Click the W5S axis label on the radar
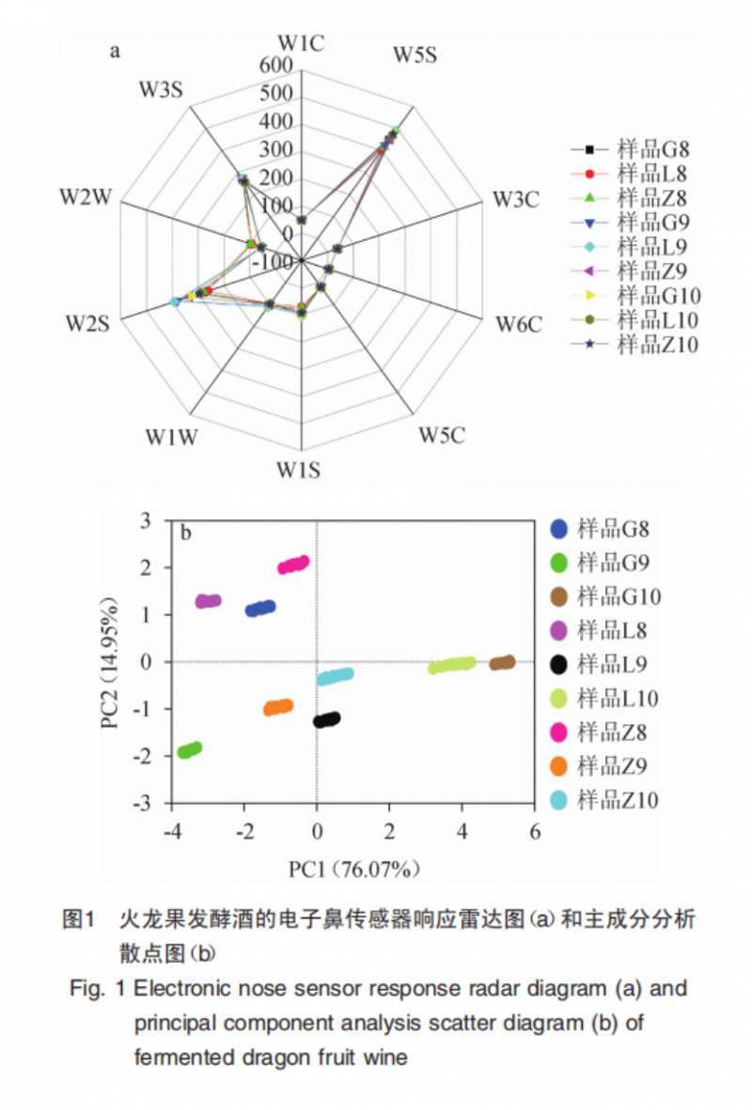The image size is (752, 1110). pos(414,55)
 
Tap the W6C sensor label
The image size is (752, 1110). pos(519,326)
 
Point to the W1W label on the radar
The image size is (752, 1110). pos(171,437)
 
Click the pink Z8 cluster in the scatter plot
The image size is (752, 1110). pos(293,564)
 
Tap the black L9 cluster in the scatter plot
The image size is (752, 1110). pos(326,720)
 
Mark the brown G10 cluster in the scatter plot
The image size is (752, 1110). pos(502,663)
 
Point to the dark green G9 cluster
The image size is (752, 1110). pos(190,749)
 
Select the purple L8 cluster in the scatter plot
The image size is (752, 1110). pos(208,601)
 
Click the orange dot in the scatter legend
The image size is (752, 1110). pos(558,766)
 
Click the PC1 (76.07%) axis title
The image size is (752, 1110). pos(353,869)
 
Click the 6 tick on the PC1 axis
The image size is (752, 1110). pos(535,832)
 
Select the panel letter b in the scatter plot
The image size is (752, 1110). pos(186,533)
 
